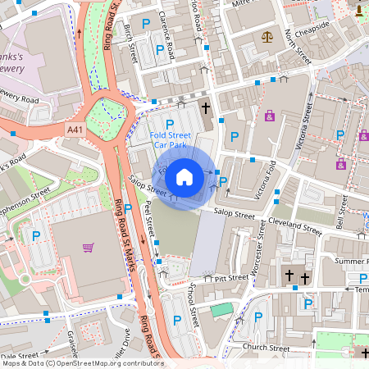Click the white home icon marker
click(184, 176)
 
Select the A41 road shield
click(75, 129)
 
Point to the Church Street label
click(266, 348)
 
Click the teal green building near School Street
click(221, 310)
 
